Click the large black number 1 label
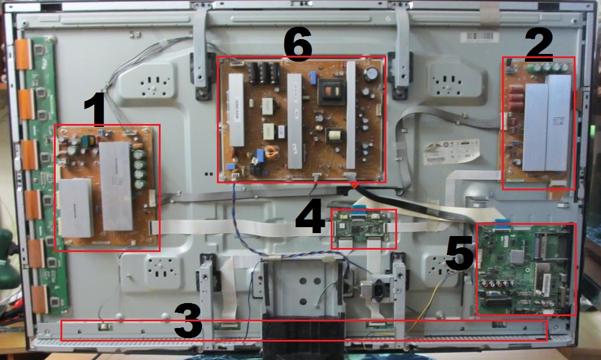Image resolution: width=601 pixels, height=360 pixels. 94,111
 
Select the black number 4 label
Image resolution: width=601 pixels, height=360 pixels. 309,217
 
